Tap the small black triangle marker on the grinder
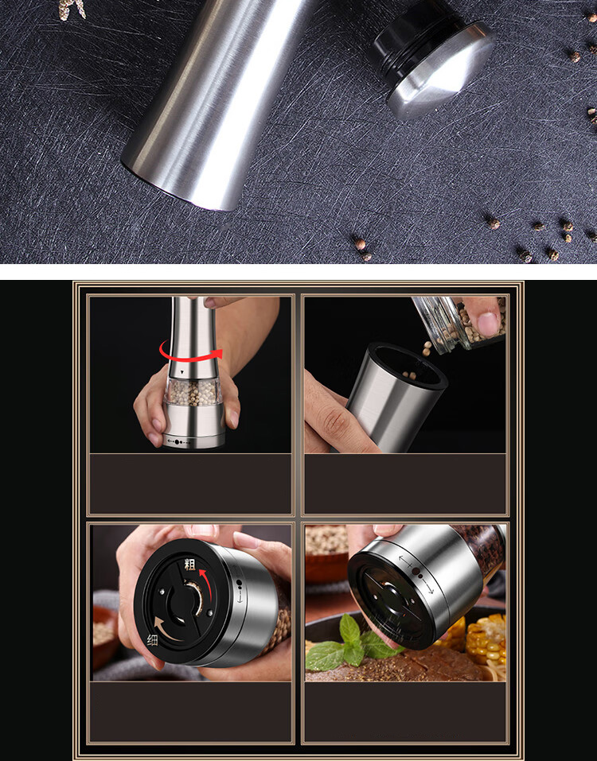(x=182, y=372)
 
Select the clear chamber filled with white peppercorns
(x=193, y=392)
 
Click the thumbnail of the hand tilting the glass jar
(x=405, y=375)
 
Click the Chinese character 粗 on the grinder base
(x=189, y=565)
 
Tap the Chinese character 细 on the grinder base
(x=152, y=640)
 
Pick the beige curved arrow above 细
(x=165, y=627)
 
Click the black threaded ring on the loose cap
(x=414, y=41)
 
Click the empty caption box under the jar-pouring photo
(x=405, y=483)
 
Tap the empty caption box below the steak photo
(x=405, y=712)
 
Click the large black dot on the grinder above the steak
(x=417, y=572)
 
